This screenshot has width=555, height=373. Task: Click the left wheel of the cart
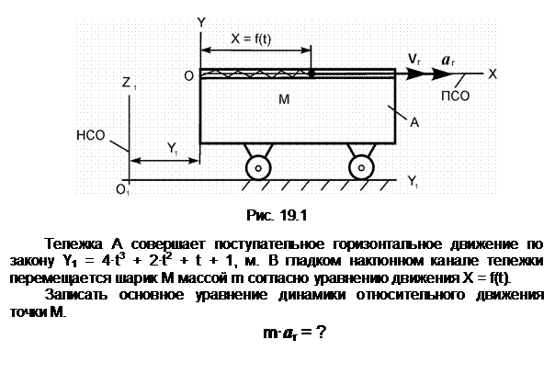point(258,168)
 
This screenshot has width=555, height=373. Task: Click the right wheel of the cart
point(361,168)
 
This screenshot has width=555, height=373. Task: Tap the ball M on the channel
point(311,73)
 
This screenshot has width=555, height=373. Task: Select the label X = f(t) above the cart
point(251,39)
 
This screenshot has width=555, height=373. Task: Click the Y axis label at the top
point(201,23)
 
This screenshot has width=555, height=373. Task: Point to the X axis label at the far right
point(493,74)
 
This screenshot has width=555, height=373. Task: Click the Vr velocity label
point(413,59)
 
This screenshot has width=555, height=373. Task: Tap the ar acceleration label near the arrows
point(447,61)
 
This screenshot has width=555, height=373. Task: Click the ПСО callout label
point(455,96)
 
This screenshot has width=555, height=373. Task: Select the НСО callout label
point(91,135)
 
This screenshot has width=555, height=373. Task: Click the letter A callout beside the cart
point(414,122)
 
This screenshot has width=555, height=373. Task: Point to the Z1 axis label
point(129,84)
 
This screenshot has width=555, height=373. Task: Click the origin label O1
point(123,190)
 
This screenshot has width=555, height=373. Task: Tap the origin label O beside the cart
point(189,75)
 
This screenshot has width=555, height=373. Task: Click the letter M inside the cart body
point(284,99)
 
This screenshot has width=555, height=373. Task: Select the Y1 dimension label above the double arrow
point(173,148)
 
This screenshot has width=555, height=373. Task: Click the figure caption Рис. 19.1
point(277,215)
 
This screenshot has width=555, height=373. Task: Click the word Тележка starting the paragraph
point(74,244)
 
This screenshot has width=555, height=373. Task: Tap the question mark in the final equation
point(321,333)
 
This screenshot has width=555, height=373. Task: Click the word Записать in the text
point(76,294)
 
